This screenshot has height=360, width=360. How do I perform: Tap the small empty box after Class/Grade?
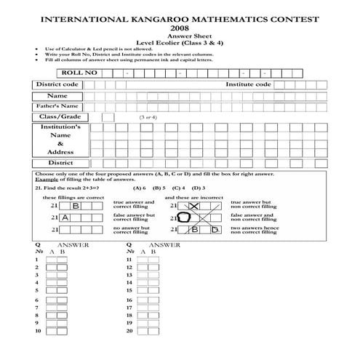[108, 116]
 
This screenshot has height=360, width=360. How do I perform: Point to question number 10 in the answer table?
[37, 331]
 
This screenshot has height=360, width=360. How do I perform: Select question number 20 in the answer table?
[129, 331]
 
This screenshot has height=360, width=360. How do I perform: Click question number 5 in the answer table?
[36, 289]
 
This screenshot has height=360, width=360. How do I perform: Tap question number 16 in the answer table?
[129, 300]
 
